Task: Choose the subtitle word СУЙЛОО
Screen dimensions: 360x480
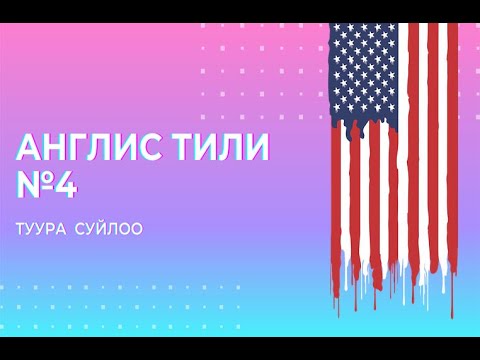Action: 109,229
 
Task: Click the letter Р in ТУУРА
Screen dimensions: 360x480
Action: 53,229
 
